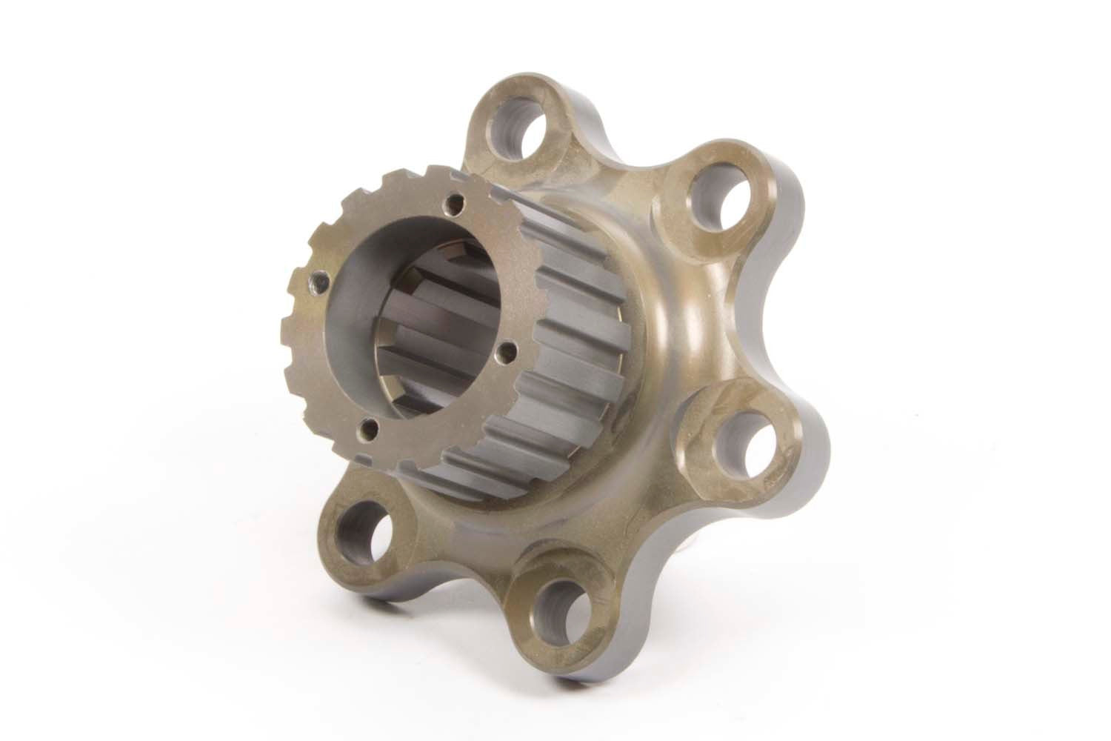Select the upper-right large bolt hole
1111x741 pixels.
tap(718, 199)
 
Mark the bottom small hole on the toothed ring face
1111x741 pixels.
tap(367, 425)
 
